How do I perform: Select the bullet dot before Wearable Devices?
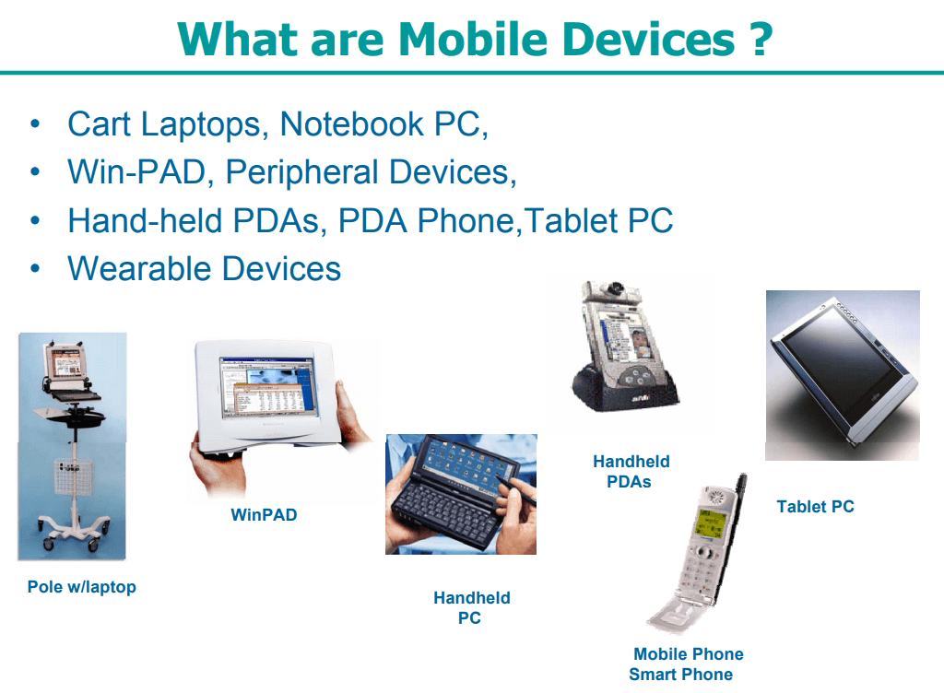click(x=35, y=268)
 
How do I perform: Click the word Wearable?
click(x=137, y=268)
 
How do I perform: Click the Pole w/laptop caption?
click(x=81, y=587)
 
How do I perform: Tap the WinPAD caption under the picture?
click(x=264, y=515)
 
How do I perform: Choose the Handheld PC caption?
click(x=471, y=608)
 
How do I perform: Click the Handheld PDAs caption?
click(x=631, y=471)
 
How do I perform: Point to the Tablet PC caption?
click(x=815, y=506)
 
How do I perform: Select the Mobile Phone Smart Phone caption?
click(x=685, y=664)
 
